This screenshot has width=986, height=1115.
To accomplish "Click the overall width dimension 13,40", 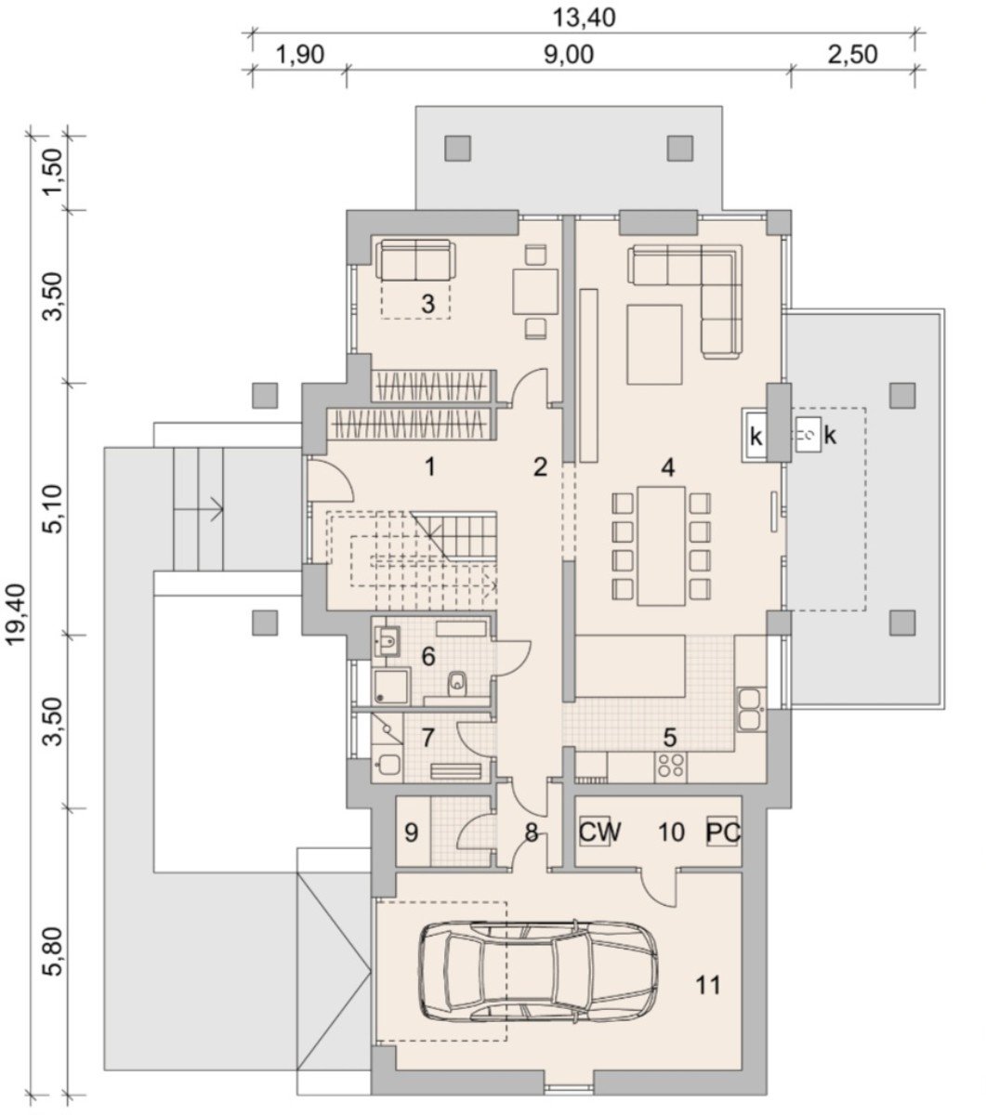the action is (584, 19).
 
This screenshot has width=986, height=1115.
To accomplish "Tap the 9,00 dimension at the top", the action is (569, 55).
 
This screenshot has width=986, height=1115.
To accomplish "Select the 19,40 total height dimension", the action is (17, 613).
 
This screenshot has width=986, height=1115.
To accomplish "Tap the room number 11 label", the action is (708, 985).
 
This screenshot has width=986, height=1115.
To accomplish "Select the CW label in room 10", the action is (599, 833).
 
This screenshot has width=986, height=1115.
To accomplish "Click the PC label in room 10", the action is (723, 833).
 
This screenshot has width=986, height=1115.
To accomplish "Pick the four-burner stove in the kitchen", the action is (671, 767).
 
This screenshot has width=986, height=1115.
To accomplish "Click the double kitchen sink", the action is (751, 709).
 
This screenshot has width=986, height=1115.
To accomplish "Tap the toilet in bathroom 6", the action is (458, 682).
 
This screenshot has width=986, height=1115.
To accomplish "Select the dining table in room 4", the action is (661, 545).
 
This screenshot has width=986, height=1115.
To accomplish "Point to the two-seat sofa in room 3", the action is (415, 259).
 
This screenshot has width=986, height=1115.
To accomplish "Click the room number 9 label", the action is (412, 833).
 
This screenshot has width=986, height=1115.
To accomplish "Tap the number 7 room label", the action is (428, 737).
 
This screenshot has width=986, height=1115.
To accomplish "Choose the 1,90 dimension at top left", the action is (300, 55).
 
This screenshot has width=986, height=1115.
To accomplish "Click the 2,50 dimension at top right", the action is (853, 55).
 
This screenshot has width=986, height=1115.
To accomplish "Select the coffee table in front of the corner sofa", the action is (654, 345).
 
